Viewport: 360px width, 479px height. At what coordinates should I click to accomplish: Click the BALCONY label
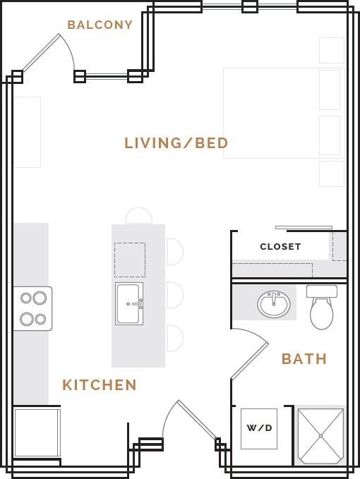pyautogui.click(x=100, y=25)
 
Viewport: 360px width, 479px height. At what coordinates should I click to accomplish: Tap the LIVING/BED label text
pyautogui.click(x=176, y=143)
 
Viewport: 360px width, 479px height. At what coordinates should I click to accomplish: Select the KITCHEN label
pyautogui.click(x=100, y=385)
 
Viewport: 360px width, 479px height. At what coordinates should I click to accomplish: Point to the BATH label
pyautogui.click(x=304, y=359)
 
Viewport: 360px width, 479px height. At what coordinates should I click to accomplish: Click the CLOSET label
pyautogui.click(x=280, y=247)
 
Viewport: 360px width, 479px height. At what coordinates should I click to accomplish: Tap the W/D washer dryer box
pyautogui.click(x=259, y=428)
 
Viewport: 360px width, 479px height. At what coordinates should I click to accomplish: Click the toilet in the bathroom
pyautogui.click(x=322, y=313)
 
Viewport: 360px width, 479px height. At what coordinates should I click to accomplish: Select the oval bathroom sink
pyautogui.click(x=274, y=304)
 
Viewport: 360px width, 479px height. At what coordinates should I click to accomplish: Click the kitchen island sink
pyautogui.click(x=129, y=304)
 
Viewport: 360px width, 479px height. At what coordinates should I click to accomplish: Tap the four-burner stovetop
pyautogui.click(x=32, y=308)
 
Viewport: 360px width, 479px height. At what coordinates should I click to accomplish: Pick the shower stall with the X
pyautogui.click(x=320, y=435)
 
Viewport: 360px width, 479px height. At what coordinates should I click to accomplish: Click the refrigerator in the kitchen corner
pyautogui.click(x=37, y=432)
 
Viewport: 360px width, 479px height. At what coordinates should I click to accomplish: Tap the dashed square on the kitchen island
pyautogui.click(x=130, y=260)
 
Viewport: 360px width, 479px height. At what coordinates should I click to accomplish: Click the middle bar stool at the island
pyautogui.click(x=175, y=295)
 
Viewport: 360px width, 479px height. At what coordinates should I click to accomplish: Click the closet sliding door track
pyautogui.click(x=304, y=227)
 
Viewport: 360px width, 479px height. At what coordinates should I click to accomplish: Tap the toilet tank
pyautogui.click(x=322, y=291)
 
